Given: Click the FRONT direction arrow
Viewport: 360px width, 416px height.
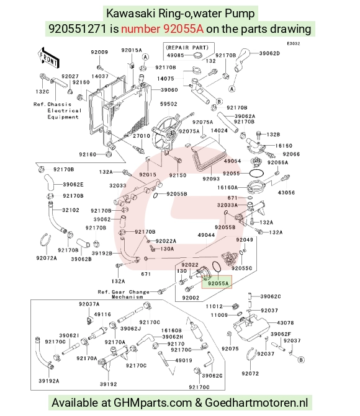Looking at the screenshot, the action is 48,57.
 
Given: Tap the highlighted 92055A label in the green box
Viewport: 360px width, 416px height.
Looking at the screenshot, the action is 218,283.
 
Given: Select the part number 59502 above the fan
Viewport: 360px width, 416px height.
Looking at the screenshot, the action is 169,104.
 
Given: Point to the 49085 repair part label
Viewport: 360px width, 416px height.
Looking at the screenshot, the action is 176,55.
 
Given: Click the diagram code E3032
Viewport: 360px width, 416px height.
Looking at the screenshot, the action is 294,43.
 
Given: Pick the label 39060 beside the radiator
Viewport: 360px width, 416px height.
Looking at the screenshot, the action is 169,90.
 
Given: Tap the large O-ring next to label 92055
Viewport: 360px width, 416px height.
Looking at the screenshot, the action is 256,173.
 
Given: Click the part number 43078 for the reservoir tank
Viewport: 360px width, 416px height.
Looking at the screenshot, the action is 286,322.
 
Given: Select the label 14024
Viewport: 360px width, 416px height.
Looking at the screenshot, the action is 219,130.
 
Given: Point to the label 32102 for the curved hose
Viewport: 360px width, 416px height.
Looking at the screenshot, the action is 71,210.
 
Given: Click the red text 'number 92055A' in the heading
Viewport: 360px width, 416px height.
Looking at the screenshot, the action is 163,29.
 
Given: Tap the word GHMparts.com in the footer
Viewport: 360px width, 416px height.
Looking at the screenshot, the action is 153,403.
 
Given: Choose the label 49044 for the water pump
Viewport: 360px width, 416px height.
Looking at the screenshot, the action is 207,235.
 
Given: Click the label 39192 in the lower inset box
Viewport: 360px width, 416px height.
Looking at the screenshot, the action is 109,384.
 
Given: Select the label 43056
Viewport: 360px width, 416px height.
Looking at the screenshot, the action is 286,192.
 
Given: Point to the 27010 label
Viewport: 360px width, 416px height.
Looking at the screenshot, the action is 142,136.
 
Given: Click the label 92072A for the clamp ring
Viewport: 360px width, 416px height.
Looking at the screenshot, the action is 47,258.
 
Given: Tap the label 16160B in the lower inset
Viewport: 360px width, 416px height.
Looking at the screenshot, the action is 171,330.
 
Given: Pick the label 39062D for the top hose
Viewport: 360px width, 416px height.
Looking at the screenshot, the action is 269,53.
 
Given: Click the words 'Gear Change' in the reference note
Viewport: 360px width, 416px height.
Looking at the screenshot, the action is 130,292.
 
